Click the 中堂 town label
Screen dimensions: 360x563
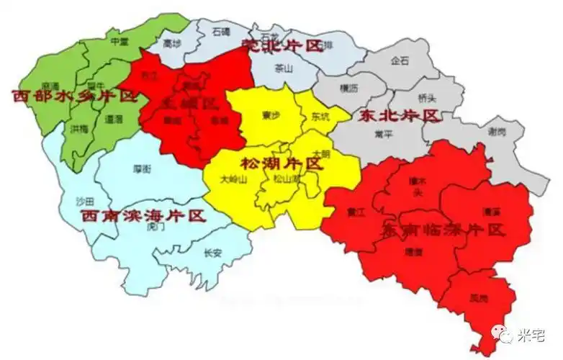[120, 42]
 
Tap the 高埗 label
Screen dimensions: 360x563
[171, 44]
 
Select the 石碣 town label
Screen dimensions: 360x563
[221, 32]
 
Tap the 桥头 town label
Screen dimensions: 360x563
[427, 98]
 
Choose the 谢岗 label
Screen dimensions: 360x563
[497, 131]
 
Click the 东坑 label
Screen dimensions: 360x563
[320, 116]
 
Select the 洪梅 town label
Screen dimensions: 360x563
[80, 129]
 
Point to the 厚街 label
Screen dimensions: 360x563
[142, 168]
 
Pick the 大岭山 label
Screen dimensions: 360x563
[234, 180]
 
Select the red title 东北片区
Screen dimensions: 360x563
[397, 115]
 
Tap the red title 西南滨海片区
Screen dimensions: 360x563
[143, 215]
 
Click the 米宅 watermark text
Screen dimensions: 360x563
[533, 336]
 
